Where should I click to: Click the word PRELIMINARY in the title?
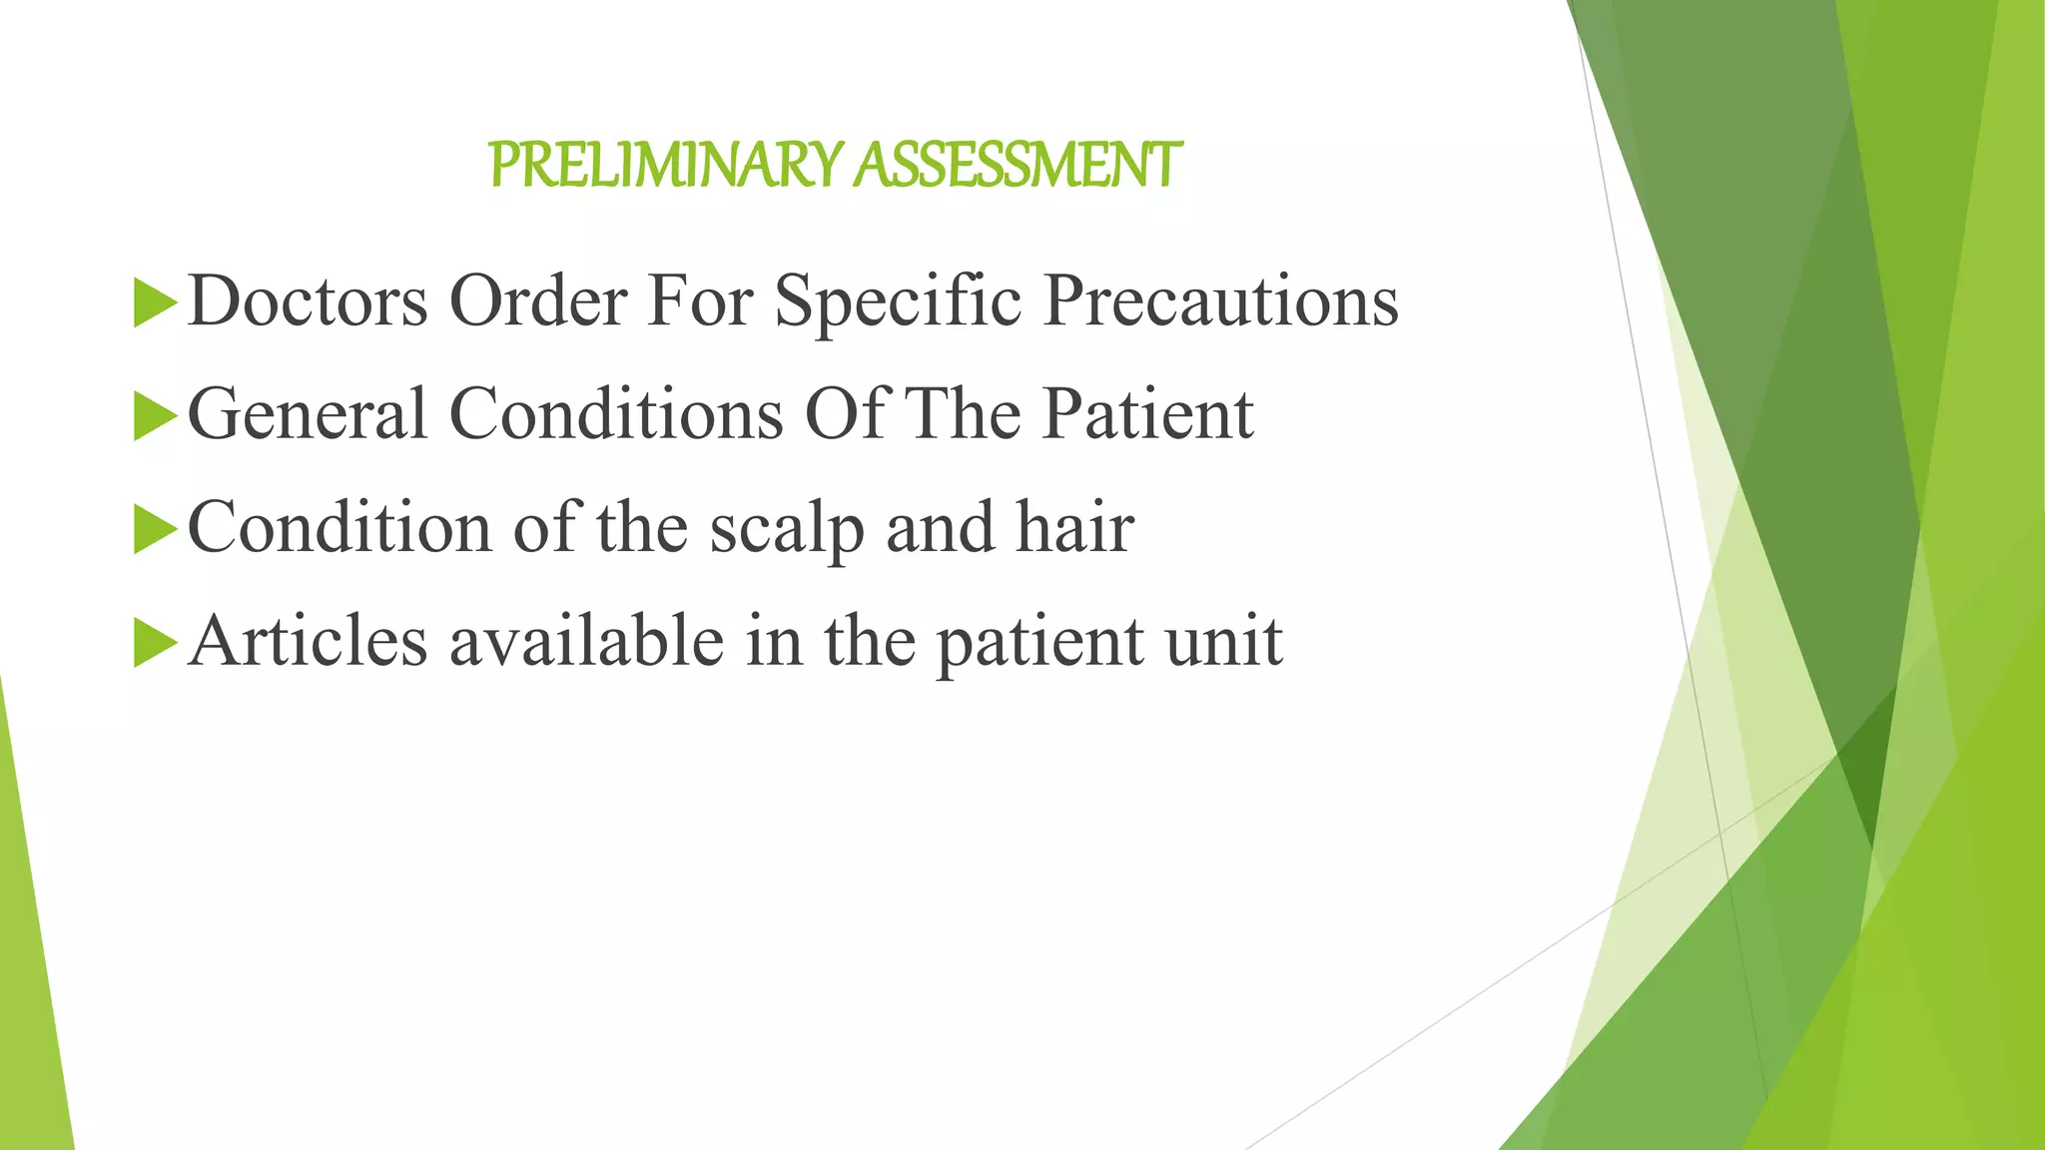[x=667, y=165]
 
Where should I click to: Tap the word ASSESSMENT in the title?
[x=1020, y=165]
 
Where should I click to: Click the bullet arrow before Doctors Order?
[x=154, y=301]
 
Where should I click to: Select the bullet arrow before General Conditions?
[x=154, y=415]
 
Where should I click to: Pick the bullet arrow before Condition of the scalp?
[x=154, y=529]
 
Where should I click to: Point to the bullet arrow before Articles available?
[x=154, y=642]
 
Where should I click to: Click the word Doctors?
[x=308, y=300]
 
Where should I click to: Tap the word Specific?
[x=898, y=300]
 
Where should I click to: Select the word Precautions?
[x=1220, y=300]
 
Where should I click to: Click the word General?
[x=308, y=414]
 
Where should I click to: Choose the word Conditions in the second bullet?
[x=616, y=414]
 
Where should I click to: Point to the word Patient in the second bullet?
[x=1147, y=414]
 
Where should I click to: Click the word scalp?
[x=787, y=528]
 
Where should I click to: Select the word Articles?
[x=308, y=641]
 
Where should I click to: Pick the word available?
[x=586, y=641]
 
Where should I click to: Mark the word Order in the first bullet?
[x=538, y=300]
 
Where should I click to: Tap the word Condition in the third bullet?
[x=340, y=528]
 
